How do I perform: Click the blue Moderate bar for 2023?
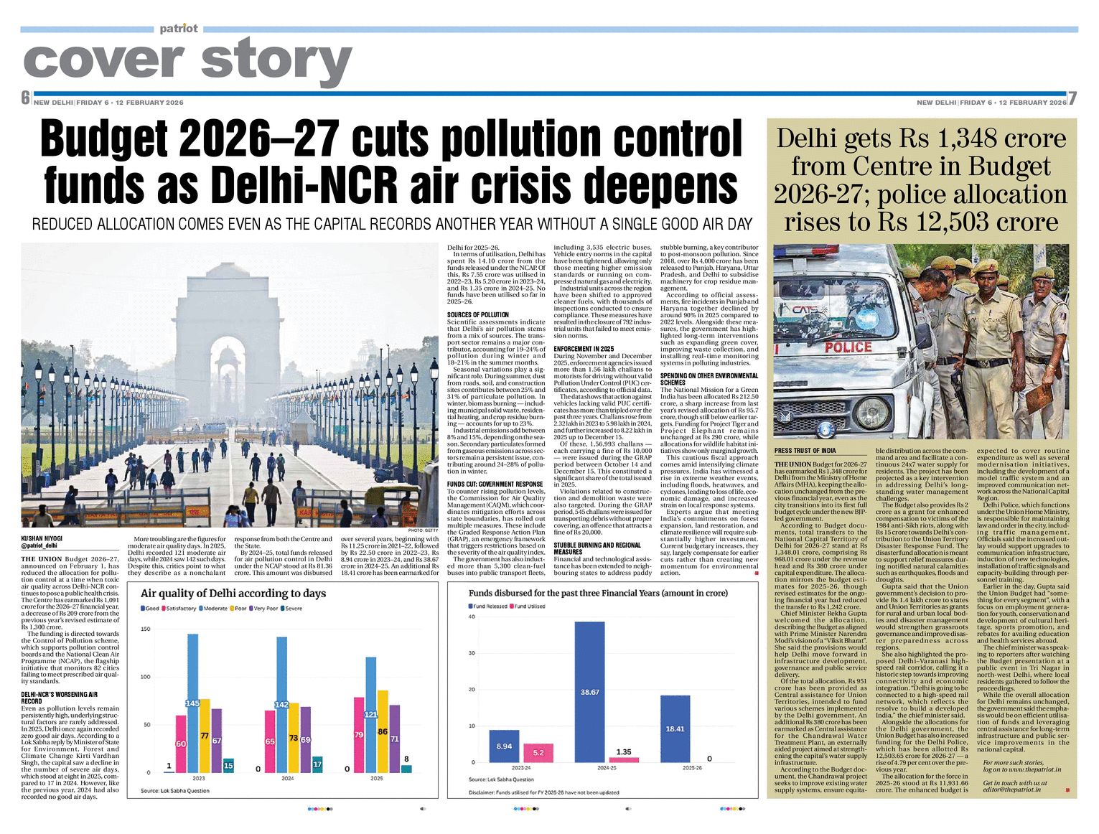(192, 703)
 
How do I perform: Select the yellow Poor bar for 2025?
(383, 731)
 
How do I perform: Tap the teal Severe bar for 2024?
(317, 764)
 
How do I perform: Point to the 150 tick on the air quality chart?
(146, 629)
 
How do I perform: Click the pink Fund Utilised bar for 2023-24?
(538, 753)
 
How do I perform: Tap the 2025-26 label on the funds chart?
(692, 768)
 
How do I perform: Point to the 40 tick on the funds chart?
(472, 617)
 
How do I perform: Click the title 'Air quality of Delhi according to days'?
(233, 594)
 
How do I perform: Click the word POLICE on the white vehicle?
(848, 347)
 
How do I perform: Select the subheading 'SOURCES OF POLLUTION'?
(477, 315)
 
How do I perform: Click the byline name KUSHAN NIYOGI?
(42, 538)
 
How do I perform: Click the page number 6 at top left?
(26, 98)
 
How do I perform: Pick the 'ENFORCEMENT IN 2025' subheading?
(584, 349)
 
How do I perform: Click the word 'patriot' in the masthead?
(179, 29)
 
